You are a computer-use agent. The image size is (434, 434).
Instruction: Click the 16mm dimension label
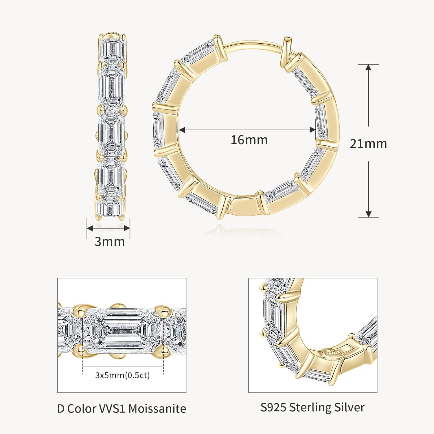[249, 140]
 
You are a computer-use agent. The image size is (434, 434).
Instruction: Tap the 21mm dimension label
[368, 144]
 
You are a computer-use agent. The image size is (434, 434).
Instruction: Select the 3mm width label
[110, 241]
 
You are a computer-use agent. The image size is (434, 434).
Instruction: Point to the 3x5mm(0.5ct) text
[123, 375]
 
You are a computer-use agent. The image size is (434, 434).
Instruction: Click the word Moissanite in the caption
[157, 409]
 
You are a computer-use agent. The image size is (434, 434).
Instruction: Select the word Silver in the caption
[350, 407]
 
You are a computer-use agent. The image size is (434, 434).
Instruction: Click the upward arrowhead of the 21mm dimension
[368, 67]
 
